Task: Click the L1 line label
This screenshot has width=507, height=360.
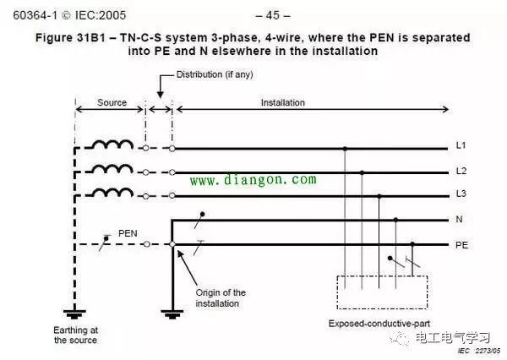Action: (461, 145)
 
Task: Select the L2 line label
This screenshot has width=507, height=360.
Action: (461, 171)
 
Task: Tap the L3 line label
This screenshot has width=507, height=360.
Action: (461, 194)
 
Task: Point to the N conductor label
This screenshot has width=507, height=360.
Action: (459, 220)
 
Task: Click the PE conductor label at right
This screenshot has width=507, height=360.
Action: (461, 245)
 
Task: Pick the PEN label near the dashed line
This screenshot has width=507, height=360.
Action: (128, 233)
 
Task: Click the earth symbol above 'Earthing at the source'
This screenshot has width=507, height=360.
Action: (74, 314)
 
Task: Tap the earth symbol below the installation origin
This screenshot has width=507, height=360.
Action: (172, 314)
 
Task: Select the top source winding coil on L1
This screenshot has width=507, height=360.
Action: (113, 145)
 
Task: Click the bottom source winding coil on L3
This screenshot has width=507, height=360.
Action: (113, 192)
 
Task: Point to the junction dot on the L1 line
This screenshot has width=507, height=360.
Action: (345, 149)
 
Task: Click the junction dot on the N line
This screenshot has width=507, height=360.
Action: (395, 220)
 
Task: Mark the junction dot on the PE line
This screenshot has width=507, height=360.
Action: (412, 244)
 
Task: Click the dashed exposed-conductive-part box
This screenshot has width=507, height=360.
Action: (382, 292)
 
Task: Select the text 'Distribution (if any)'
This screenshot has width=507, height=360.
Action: (215, 74)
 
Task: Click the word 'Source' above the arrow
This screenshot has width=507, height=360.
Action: (112, 102)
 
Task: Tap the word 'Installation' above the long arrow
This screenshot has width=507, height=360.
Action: (283, 102)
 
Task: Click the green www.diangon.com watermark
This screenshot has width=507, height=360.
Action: (253, 180)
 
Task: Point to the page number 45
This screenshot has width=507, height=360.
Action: (273, 15)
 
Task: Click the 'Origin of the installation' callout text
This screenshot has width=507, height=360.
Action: (221, 298)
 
